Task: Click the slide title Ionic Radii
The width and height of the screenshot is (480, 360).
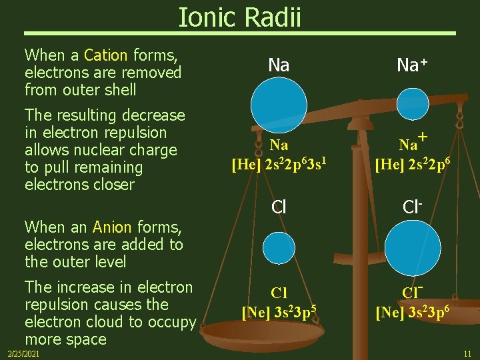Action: [239, 17]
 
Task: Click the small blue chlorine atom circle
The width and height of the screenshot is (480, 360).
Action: [279, 248]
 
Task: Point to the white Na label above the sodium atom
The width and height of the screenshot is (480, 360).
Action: [279, 65]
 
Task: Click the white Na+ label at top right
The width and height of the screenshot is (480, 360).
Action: [412, 65]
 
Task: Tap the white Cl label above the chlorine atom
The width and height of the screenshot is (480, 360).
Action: [279, 207]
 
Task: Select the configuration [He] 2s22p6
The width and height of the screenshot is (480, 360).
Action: [412, 163]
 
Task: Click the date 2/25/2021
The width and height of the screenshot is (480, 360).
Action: [23, 353]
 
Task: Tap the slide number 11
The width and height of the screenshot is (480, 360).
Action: [467, 353]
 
